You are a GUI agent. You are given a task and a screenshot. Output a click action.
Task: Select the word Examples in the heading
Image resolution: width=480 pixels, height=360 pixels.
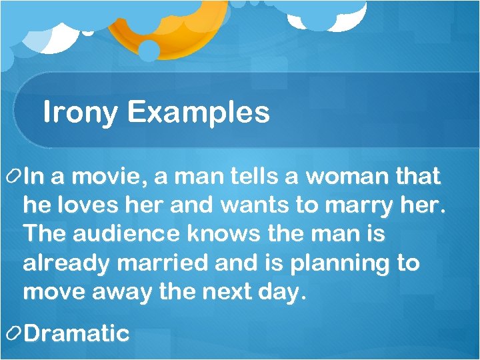click(x=199, y=113)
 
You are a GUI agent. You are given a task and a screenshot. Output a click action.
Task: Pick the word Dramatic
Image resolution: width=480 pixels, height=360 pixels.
click(x=76, y=333)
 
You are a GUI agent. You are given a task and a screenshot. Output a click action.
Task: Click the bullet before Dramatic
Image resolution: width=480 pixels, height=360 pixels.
click(x=12, y=334)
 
